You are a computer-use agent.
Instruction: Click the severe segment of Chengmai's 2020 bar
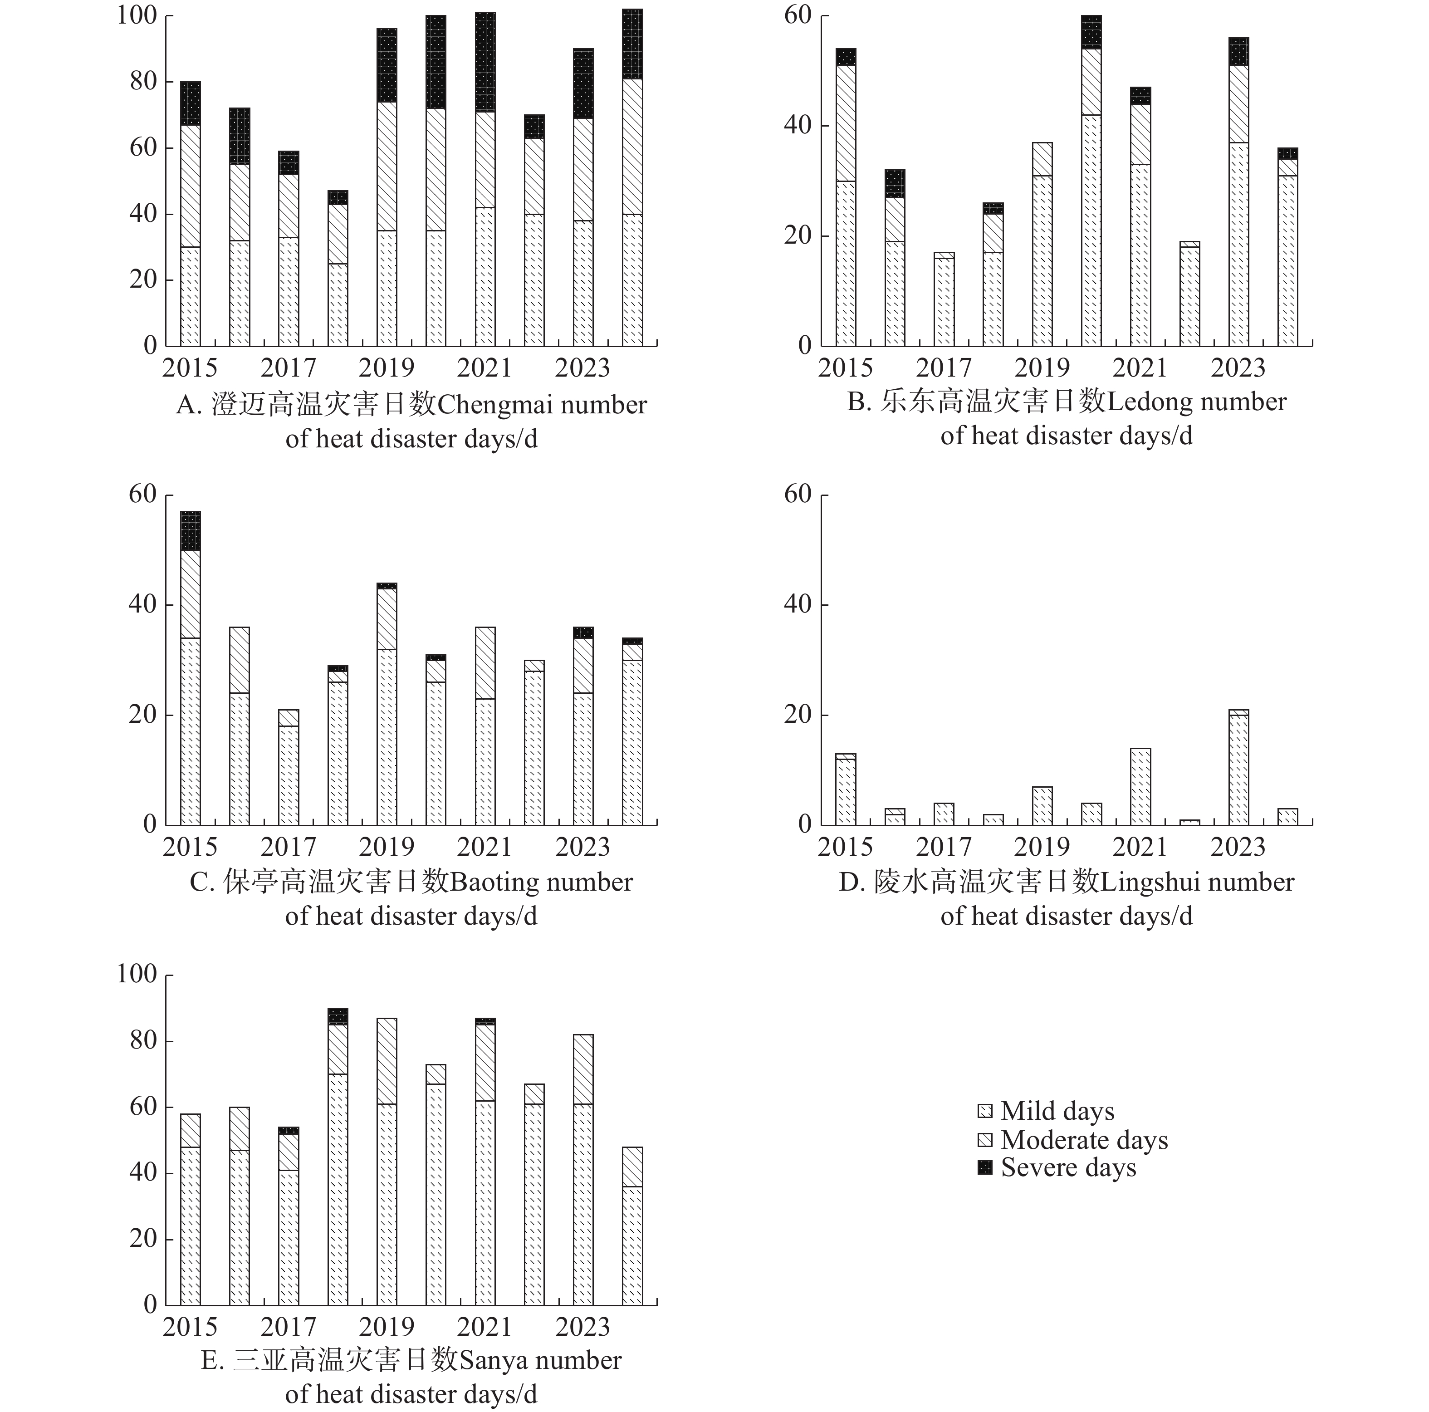pos(436,62)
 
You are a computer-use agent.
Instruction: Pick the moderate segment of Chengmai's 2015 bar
pos(190,186)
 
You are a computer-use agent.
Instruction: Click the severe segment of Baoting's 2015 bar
pos(190,531)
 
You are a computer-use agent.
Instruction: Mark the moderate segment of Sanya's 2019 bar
pos(387,1061)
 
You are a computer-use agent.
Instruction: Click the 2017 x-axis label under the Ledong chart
pos(944,368)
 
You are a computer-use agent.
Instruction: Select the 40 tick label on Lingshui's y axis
pos(799,604)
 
